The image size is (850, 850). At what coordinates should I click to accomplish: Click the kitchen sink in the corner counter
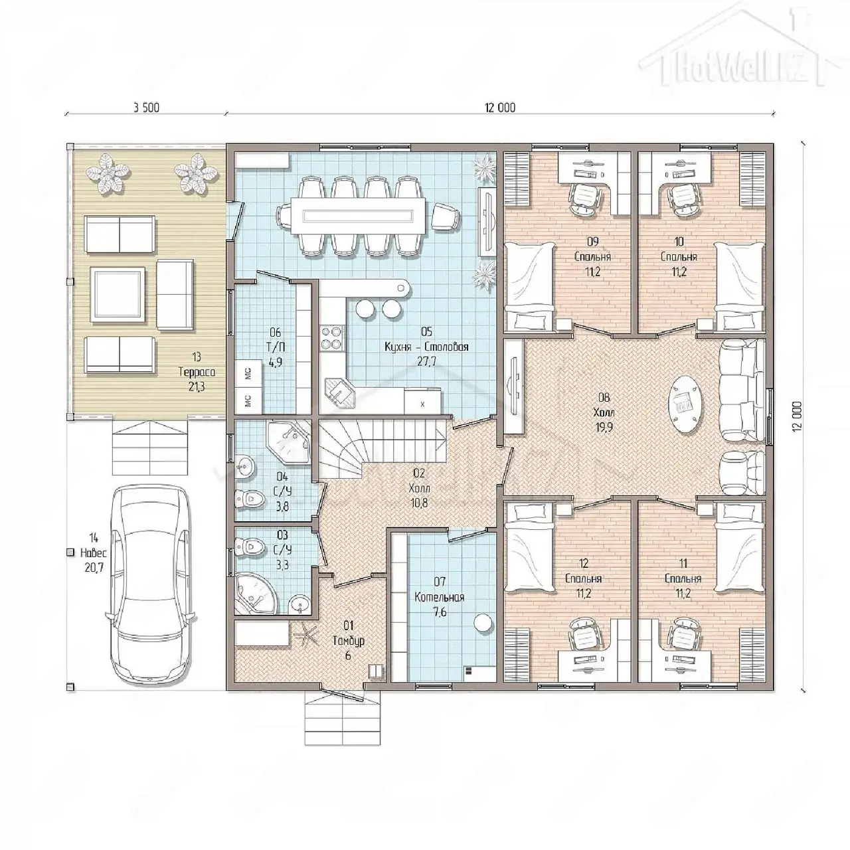point(338,392)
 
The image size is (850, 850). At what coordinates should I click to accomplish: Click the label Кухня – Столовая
point(426,347)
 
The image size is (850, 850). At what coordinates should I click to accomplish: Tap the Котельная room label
point(439,597)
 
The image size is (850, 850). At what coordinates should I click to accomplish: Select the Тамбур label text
point(349,640)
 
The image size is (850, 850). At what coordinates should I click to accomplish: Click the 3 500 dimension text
point(147,108)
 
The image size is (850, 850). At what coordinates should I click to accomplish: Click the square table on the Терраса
point(118,295)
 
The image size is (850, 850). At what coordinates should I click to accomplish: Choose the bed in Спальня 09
point(529,287)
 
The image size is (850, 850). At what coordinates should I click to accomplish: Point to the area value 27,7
point(426,361)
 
